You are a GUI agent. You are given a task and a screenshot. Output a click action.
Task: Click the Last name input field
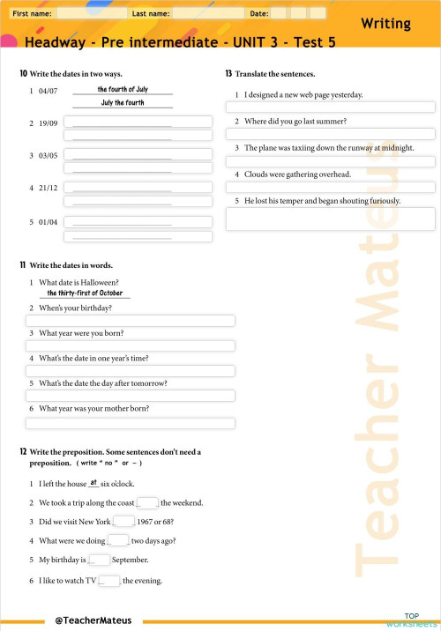click(x=207, y=14)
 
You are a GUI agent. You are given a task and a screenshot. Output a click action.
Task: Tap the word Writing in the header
click(x=385, y=24)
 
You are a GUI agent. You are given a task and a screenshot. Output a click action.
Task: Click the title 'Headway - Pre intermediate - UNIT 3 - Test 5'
click(x=180, y=42)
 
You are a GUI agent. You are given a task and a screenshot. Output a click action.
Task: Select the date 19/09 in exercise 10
click(x=49, y=123)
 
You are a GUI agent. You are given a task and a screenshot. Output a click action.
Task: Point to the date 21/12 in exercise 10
click(x=49, y=188)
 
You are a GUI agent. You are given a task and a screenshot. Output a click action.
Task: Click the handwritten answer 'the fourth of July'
click(x=123, y=89)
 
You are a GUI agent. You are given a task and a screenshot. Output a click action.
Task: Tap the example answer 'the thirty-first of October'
click(x=85, y=293)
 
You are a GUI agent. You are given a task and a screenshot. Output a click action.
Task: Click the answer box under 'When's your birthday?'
click(x=131, y=321)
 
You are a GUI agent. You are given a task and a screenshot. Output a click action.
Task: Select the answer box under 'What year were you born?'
click(x=131, y=346)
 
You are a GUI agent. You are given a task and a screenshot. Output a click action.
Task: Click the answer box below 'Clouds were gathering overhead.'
click(x=331, y=187)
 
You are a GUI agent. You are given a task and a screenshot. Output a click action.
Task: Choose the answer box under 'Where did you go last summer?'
click(x=331, y=134)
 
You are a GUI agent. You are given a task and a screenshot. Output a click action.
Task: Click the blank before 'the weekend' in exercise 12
click(x=148, y=503)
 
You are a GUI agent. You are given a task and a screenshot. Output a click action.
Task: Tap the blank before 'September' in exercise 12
click(x=100, y=560)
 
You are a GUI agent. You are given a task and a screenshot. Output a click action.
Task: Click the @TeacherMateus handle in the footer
click(x=93, y=620)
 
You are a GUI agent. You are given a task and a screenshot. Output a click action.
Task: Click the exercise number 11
click(x=22, y=265)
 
